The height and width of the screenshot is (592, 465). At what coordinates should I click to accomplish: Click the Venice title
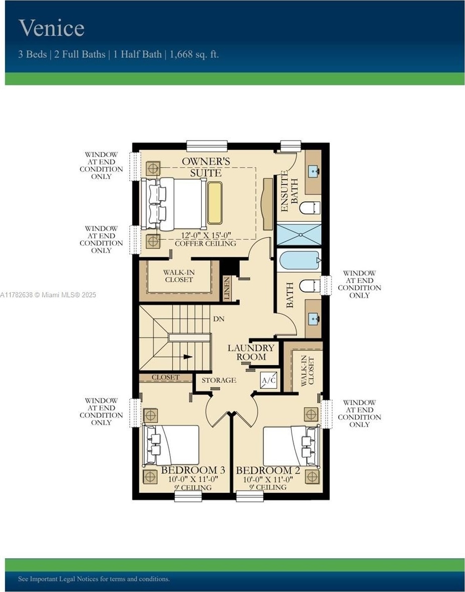51,28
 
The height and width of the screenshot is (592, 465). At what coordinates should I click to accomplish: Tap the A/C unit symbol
269,380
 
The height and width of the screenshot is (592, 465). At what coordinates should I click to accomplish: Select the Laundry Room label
251,352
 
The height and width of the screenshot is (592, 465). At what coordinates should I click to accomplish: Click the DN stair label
219,319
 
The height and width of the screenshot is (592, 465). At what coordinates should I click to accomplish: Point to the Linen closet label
227,288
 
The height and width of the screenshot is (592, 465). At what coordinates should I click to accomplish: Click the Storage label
219,380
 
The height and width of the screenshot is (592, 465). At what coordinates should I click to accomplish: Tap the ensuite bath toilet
310,208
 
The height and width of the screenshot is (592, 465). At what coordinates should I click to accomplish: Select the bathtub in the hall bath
299,260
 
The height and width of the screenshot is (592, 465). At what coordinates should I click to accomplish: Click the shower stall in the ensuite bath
299,234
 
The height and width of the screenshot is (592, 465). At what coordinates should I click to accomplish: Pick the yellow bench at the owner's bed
215,203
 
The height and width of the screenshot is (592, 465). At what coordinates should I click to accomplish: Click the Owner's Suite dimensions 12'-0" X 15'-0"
206,235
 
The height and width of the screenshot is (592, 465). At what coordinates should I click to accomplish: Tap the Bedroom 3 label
193,470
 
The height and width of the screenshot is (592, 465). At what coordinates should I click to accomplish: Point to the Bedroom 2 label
268,470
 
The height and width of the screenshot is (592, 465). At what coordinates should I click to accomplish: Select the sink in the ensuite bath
314,172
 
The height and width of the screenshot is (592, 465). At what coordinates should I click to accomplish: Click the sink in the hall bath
314,319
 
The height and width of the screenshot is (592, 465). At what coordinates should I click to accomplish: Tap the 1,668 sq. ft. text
194,54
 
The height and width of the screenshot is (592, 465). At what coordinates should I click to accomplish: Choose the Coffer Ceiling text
205,243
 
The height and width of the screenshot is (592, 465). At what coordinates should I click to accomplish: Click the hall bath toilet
310,286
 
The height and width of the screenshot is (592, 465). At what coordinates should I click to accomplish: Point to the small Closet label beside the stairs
166,377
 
